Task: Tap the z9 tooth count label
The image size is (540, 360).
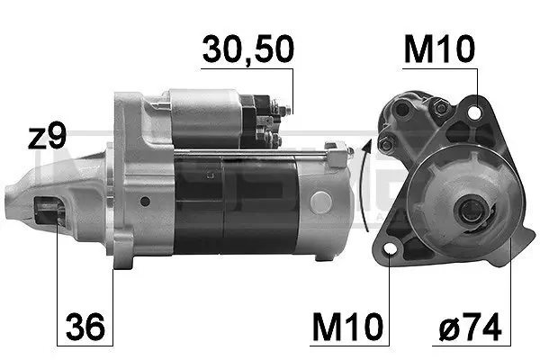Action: tap(46, 137)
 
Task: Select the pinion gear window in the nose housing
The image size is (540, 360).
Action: tap(49, 214)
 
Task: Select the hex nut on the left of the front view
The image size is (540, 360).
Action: tap(386, 145)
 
